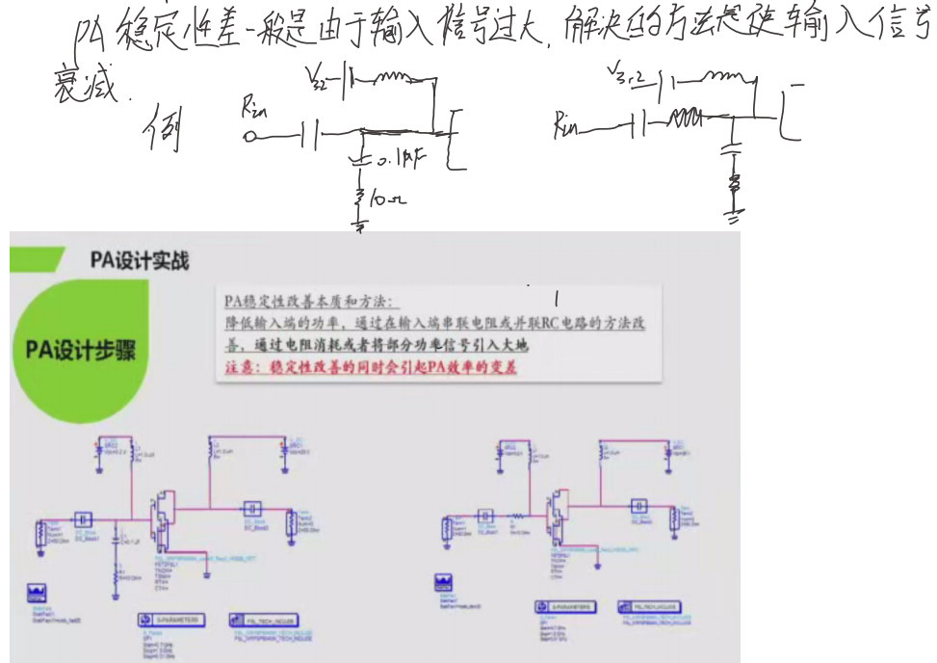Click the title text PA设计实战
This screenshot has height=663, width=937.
pos(140,260)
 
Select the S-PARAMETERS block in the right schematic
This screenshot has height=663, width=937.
pos(567,606)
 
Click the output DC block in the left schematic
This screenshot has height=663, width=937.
pos(251,507)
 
